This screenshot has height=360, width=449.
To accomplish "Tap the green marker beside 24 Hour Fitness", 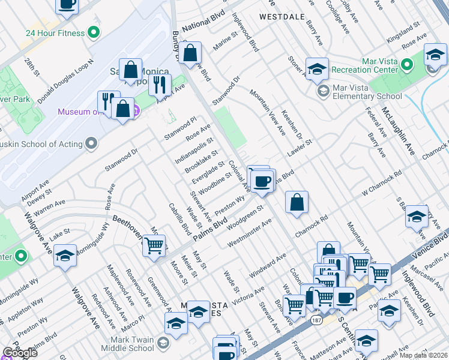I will [x=93, y=32].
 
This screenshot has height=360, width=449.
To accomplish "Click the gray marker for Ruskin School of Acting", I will [x=91, y=143].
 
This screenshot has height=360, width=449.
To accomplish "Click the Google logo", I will [x=20, y=353].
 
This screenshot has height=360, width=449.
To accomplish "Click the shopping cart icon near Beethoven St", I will [x=154, y=245].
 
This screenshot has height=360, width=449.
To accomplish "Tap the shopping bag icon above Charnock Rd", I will [x=297, y=202].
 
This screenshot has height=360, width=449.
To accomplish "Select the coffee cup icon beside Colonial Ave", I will [x=262, y=181].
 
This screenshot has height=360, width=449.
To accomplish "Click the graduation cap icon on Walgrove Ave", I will [x=65, y=255].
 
